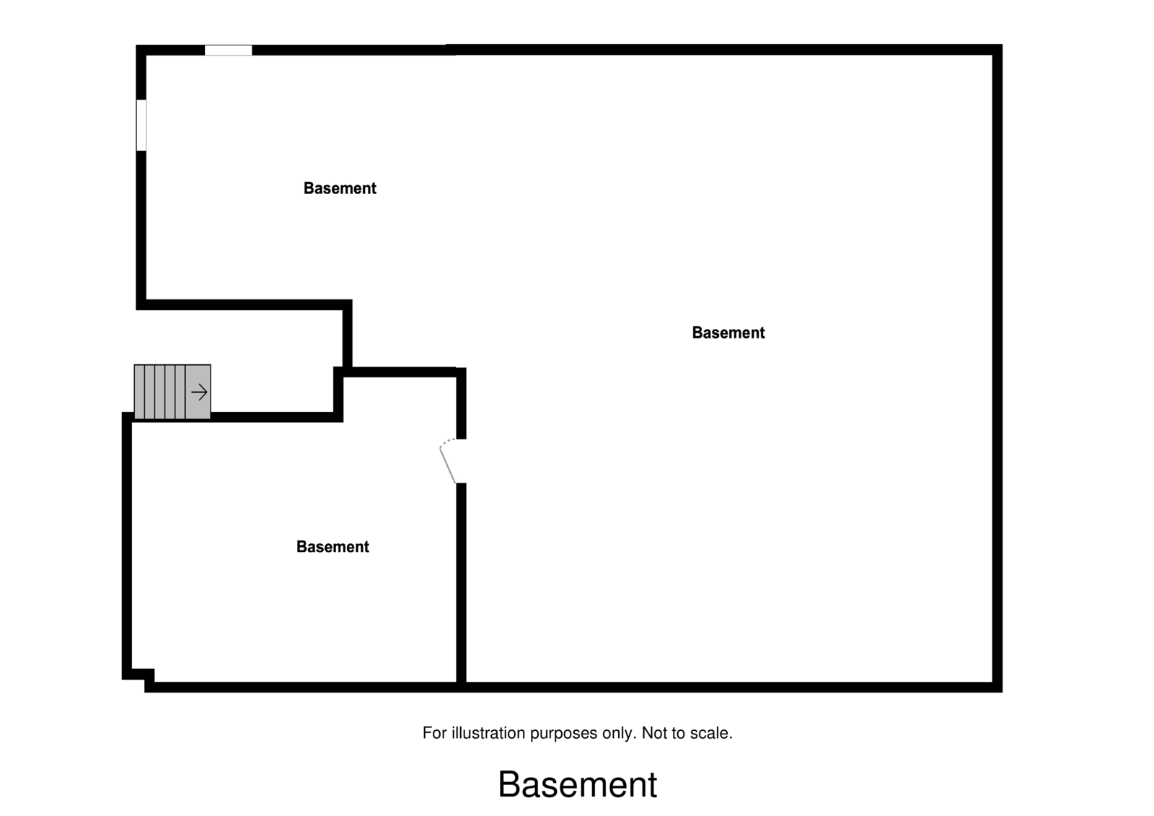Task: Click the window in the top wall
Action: (228, 51)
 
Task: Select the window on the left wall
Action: (141, 125)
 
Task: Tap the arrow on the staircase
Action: (199, 392)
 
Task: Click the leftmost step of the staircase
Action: (139, 392)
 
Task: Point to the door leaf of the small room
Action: (448, 465)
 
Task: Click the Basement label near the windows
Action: (340, 188)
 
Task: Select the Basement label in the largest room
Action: (728, 333)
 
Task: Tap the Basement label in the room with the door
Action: (332, 547)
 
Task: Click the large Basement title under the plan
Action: (577, 784)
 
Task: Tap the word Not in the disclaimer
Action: (653, 733)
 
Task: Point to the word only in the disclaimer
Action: (618, 733)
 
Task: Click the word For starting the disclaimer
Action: (435, 733)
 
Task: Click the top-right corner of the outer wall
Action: (997, 50)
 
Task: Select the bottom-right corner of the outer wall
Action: (997, 687)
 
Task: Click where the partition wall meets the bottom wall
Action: (462, 686)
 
